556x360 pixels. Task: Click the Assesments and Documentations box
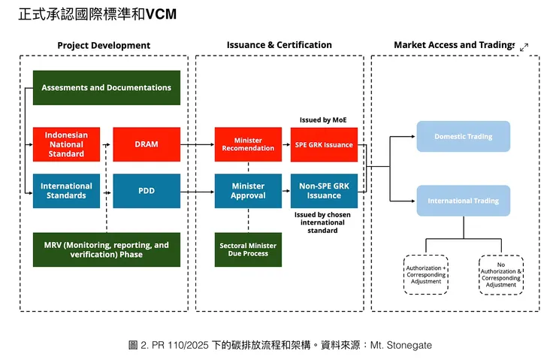coord(106,88)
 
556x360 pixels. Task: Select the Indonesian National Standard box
coord(66,144)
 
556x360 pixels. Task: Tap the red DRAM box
coord(147,144)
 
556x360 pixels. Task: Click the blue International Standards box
coord(66,191)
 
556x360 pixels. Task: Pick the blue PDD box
coord(147,191)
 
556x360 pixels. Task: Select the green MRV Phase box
coord(106,250)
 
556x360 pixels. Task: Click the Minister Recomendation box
coord(248,144)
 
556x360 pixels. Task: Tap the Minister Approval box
coord(248,191)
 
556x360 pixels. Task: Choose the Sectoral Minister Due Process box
coord(248,250)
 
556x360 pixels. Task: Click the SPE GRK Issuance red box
coord(325,144)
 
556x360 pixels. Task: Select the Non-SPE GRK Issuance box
coord(325,191)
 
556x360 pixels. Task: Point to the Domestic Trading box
coord(463,137)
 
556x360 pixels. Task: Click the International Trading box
coord(463,201)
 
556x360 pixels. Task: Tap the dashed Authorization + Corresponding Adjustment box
coord(426,274)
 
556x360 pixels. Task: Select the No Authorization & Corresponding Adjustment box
coord(501,274)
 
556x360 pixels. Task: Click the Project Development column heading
coord(104,46)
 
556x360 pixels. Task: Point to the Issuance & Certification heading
coord(279,45)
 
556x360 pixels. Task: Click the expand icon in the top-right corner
coord(524,47)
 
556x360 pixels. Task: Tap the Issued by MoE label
coord(324,120)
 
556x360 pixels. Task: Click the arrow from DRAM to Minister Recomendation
coord(197,144)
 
